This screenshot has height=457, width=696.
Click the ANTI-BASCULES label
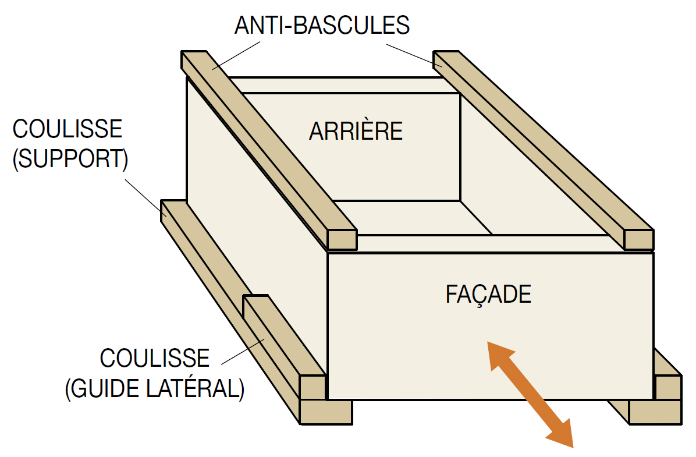tap(322, 25)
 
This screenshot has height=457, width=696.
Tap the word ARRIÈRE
tap(356, 131)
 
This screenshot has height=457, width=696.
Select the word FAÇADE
tap(488, 295)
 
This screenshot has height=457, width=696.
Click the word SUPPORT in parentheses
tap(70, 158)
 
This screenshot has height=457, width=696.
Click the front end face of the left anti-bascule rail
tap(342, 240)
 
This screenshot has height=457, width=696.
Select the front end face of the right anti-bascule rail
tap(639, 240)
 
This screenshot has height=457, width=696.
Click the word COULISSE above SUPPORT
tap(67, 129)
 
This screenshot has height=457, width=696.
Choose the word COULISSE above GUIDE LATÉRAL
tap(154, 359)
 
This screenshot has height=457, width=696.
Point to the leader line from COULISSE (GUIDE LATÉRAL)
tap(243, 352)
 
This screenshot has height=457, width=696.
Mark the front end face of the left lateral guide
tap(313, 387)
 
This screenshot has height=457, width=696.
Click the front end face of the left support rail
tap(326, 412)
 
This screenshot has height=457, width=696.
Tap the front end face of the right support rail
tap(655, 412)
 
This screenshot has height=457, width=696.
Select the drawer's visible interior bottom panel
tap(413, 218)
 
